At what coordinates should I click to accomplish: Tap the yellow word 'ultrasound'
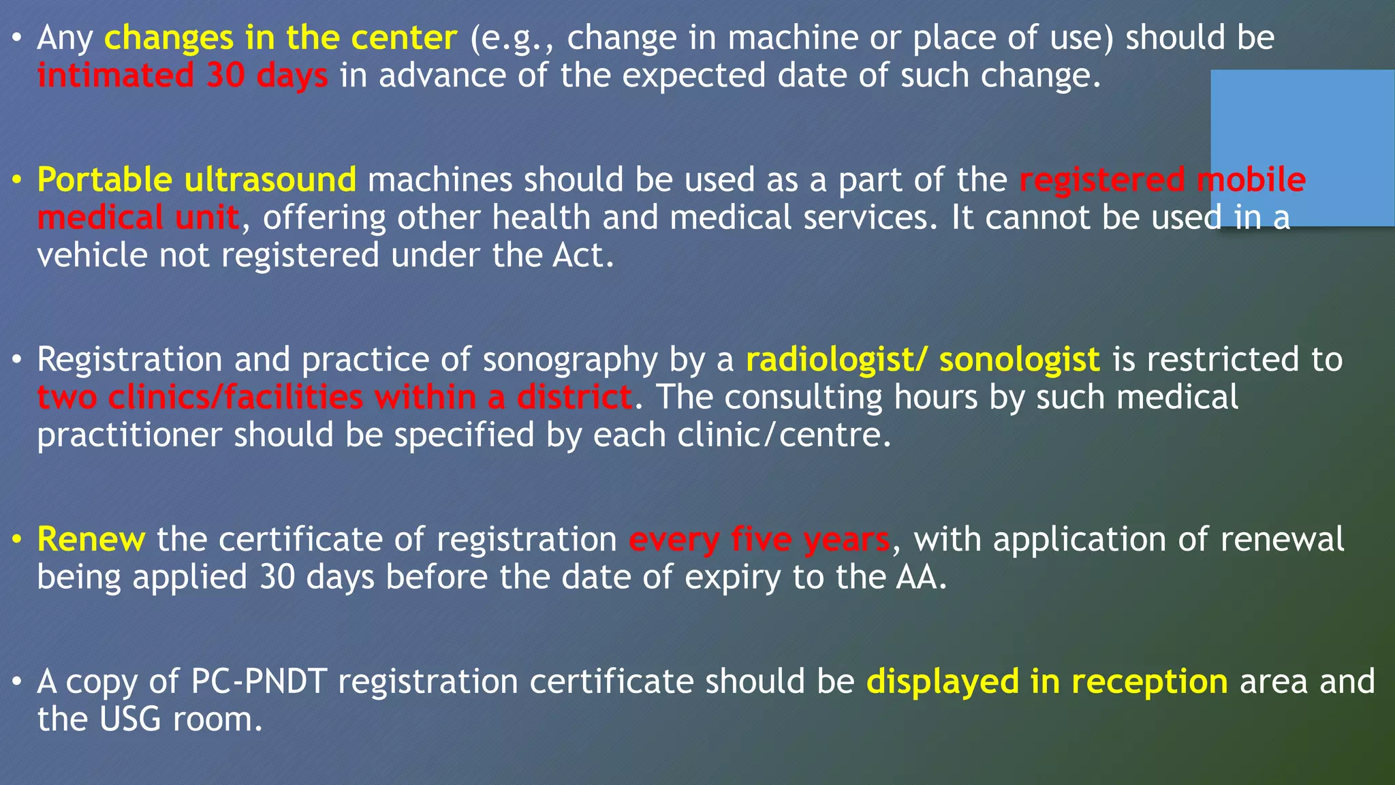click(x=270, y=181)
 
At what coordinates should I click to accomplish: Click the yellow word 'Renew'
click(x=91, y=540)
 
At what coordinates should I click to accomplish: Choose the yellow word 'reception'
click(x=1150, y=682)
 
